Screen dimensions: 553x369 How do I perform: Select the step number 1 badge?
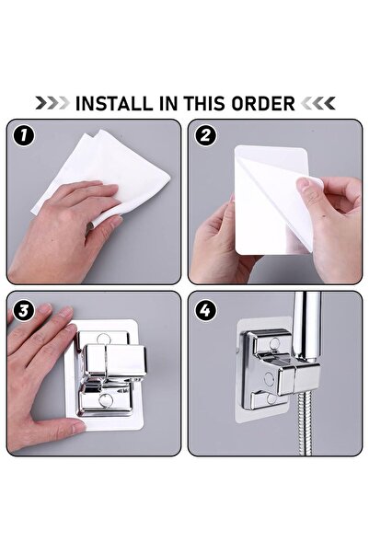click(25, 137)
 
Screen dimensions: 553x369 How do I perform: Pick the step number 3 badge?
click(25, 309)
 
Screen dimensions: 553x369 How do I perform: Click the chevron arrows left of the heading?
click(51, 103)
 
